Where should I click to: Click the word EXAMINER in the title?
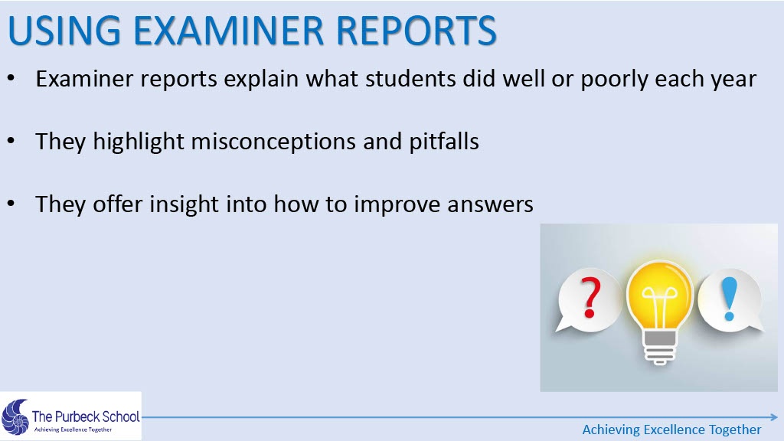click(228, 31)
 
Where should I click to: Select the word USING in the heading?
click(64, 31)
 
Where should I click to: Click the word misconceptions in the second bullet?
click(273, 142)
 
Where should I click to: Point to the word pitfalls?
click(444, 142)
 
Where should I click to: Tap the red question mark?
click(590, 298)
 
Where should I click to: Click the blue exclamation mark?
click(730, 299)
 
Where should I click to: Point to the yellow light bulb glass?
click(660, 296)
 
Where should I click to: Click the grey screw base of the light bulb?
click(660, 347)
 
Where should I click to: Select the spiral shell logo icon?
click(15, 417)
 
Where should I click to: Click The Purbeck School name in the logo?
click(86, 416)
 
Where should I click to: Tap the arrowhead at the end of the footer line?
click(774, 417)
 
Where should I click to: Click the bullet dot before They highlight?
click(11, 142)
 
